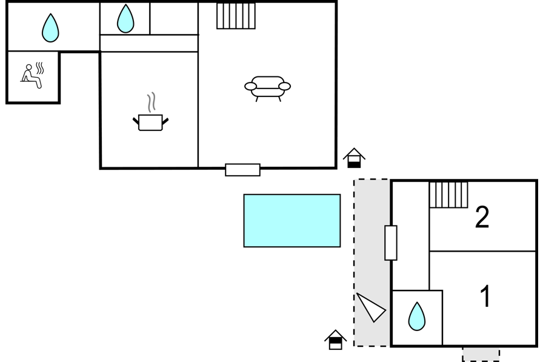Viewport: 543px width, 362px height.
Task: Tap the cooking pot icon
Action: tap(151, 122)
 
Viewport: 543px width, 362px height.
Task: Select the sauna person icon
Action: tap(31, 76)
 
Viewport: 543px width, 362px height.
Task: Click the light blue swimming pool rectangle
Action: tap(292, 221)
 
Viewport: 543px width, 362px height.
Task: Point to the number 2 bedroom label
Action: tap(482, 217)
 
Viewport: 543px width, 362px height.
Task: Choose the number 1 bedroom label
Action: tap(485, 296)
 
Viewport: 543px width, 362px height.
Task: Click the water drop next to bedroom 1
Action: tap(416, 317)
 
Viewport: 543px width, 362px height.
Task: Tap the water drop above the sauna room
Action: tap(50, 28)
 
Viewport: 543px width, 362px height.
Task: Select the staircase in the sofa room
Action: tap(236, 16)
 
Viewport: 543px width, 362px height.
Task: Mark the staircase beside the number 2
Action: tap(448, 195)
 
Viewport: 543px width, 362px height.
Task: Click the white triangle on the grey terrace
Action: tap(371, 307)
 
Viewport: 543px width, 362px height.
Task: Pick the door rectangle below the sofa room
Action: tap(243, 170)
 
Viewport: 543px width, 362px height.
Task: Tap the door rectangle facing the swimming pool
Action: tap(391, 243)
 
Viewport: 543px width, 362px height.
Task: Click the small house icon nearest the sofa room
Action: tap(355, 158)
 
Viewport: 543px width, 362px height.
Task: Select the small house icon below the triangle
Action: tap(335, 340)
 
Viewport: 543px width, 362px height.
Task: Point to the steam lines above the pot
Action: tap(151, 102)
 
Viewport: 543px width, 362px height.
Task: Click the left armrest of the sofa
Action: tap(251, 86)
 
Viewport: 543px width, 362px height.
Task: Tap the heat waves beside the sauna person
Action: tap(40, 69)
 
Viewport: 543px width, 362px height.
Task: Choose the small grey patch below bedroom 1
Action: tap(481, 355)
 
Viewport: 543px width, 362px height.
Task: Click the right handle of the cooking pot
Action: tap(165, 121)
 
